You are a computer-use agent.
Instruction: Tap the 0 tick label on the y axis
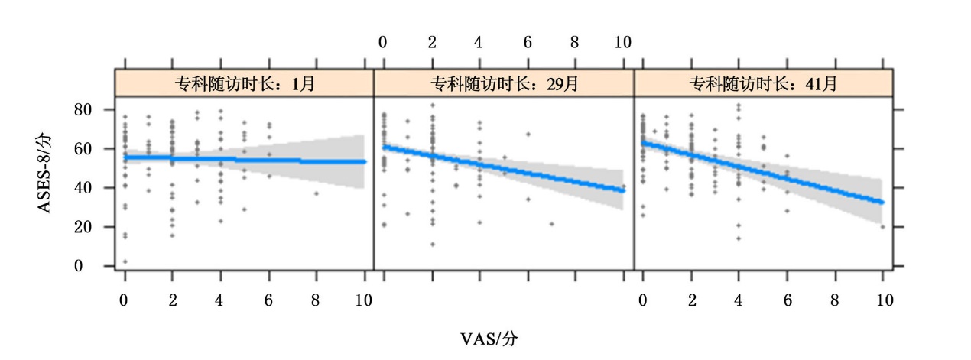tap(106, 266)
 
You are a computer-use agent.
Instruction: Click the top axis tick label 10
tap(623, 43)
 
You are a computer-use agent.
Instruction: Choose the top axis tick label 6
tap(528, 43)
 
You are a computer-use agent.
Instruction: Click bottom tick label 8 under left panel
tap(317, 300)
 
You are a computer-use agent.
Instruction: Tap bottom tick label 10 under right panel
tap(882, 300)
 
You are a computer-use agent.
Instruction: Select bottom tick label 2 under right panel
tap(691, 300)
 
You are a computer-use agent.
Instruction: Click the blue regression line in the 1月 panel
tap(244, 159)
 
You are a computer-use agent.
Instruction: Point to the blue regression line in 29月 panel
tap(504, 167)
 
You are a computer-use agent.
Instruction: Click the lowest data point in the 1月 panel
tap(125, 262)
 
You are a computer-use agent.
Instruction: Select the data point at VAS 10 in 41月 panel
tap(882, 226)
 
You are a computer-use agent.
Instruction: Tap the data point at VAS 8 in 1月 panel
tap(317, 193)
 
